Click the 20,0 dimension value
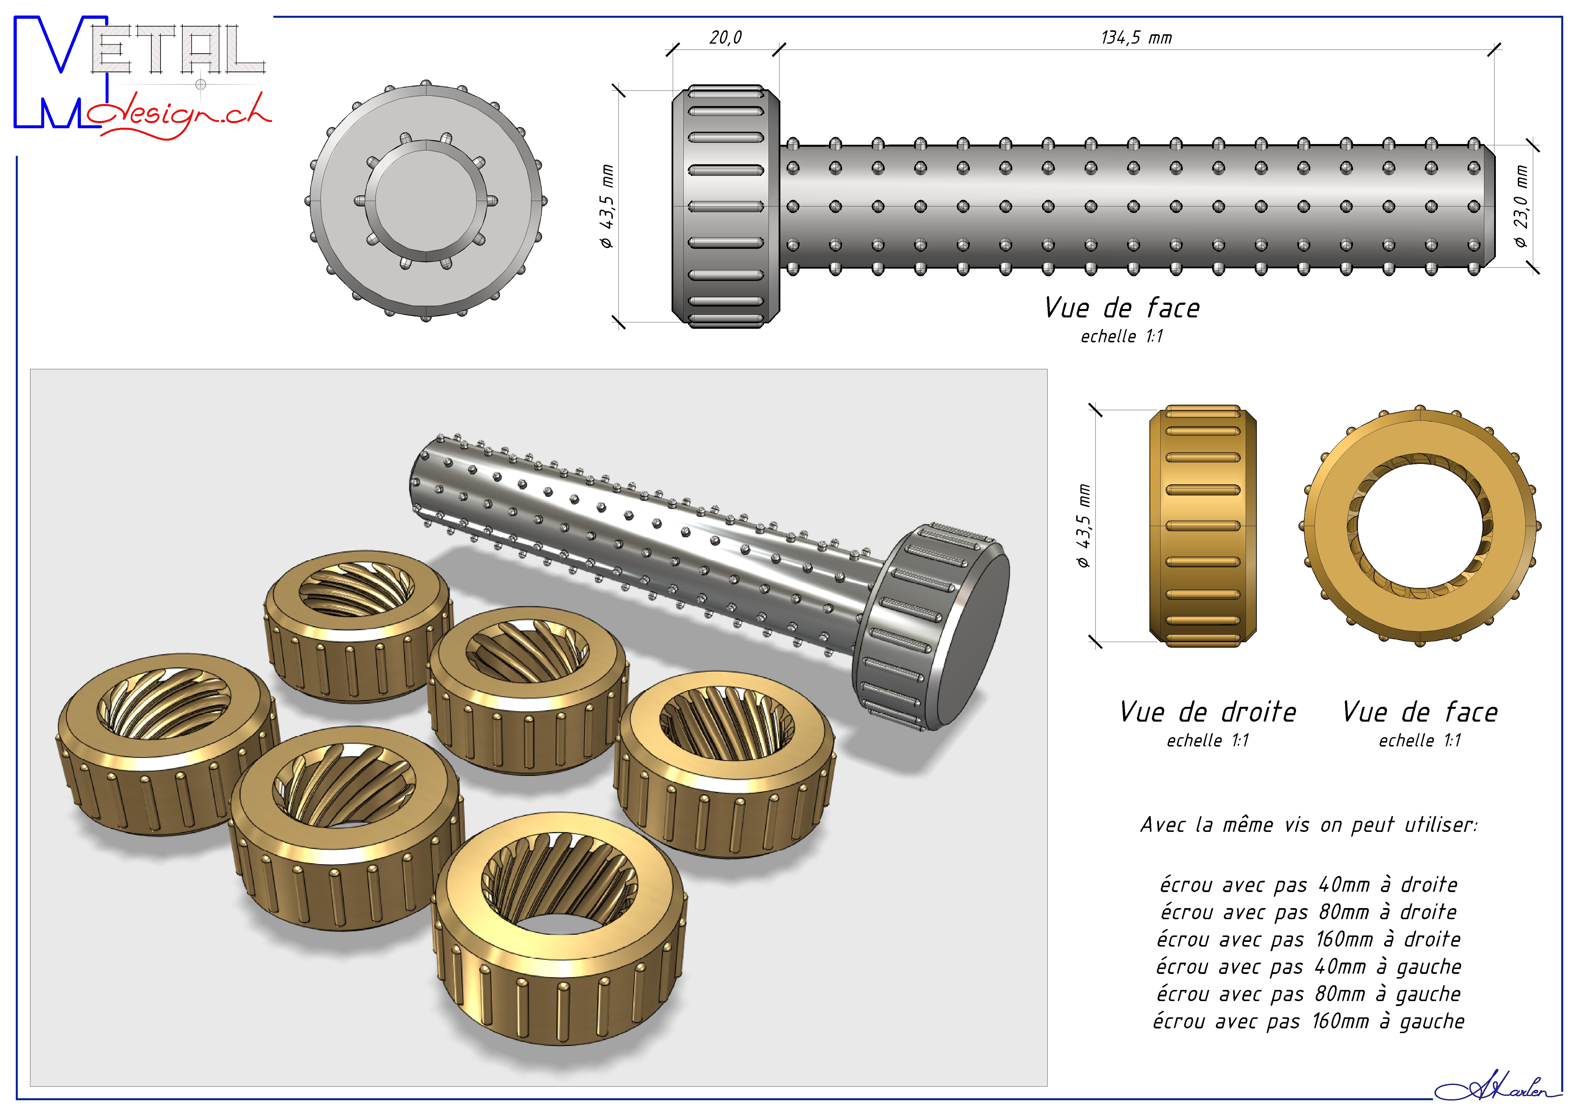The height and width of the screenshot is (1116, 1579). pos(726,38)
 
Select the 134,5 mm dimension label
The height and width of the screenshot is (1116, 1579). pos(1136,38)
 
